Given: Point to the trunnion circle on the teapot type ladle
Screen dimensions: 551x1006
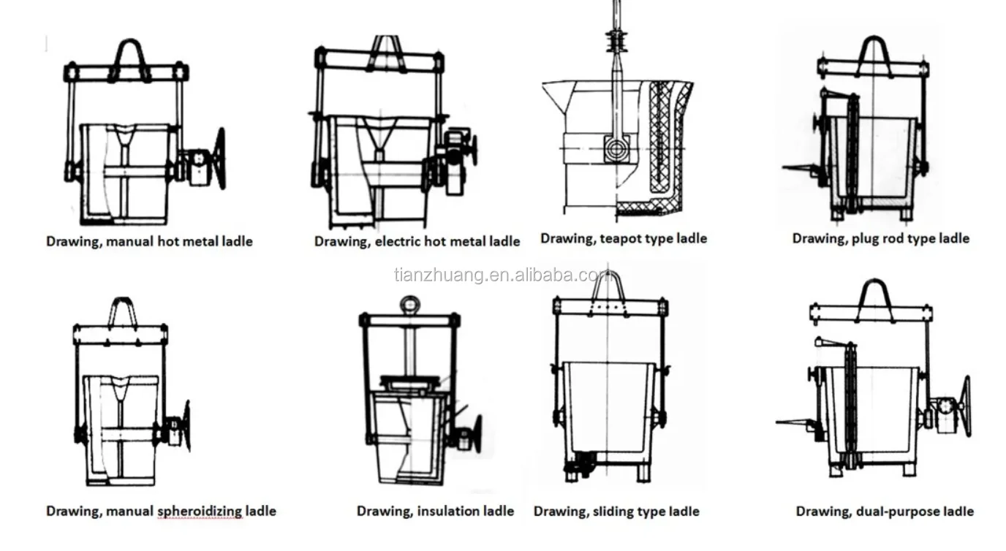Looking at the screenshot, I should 616,151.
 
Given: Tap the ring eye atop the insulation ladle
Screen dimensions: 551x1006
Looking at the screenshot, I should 410,304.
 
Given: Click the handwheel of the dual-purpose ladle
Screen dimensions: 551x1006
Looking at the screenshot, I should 964,406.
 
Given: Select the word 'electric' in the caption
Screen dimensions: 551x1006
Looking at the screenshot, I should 399,241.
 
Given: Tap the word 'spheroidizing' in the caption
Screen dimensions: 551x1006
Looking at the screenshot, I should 200,512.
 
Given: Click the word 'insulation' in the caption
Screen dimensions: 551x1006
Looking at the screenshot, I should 445,512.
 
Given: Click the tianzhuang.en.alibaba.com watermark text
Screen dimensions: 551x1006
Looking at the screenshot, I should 504,275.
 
